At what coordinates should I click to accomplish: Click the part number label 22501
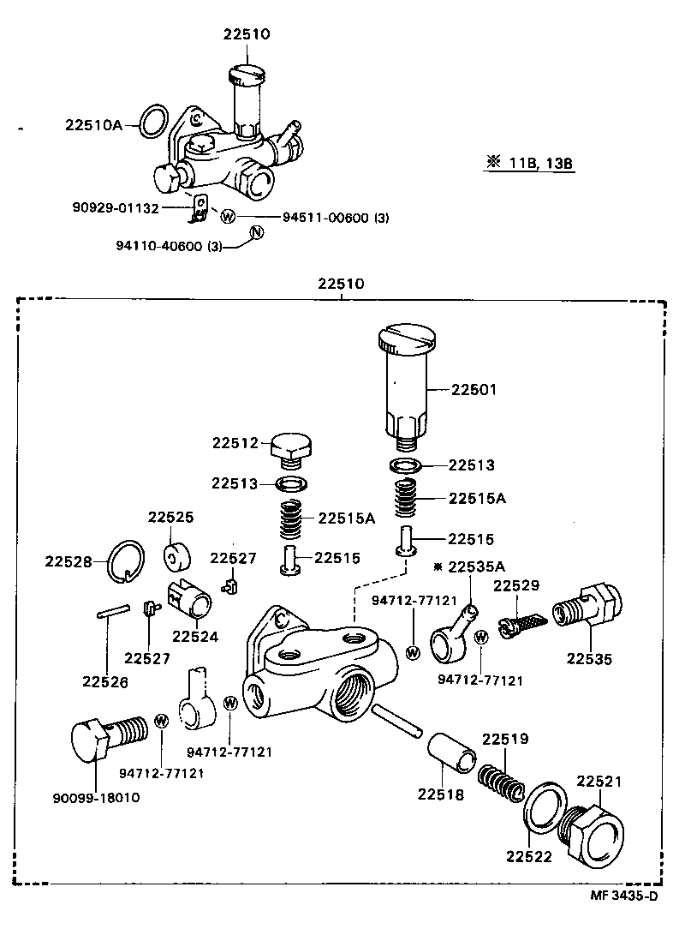click(474, 390)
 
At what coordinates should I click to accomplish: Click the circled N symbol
click(255, 231)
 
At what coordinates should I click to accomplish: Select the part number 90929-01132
click(128, 207)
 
